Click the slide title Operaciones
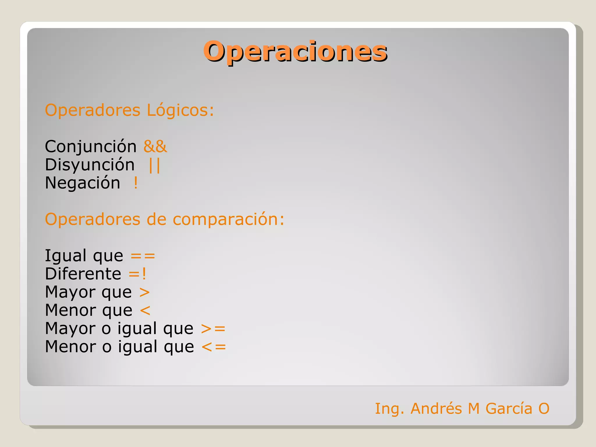(295, 52)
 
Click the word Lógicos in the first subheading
(180, 110)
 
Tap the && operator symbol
(155, 146)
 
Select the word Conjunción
(91, 146)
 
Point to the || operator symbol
(154, 165)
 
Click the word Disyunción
(90, 165)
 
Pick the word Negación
(82, 183)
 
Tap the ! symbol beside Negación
(136, 183)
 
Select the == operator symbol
(143, 256)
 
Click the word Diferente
(83, 274)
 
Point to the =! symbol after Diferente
(137, 274)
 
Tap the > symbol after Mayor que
(144, 292)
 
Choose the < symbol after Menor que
(145, 311)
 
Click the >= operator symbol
(213, 329)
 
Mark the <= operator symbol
(214, 347)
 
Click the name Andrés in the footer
(436, 408)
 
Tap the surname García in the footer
(509, 408)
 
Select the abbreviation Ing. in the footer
(389, 409)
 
